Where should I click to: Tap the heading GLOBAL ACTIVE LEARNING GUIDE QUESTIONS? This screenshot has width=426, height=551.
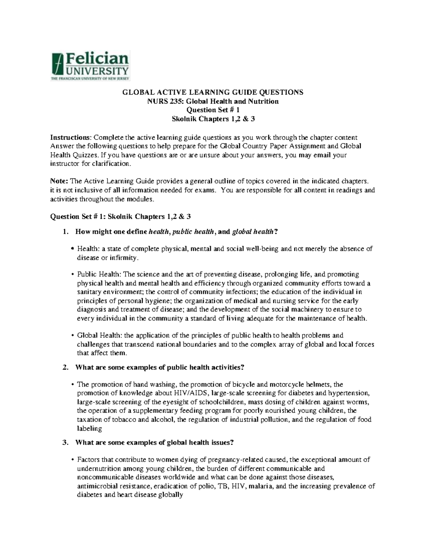[213, 93]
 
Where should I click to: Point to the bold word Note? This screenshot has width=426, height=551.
[59, 181]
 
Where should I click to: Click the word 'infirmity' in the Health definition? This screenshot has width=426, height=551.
[122, 258]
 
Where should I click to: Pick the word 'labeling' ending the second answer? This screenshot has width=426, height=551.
[89, 429]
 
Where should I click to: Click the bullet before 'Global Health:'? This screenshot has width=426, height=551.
[73, 336]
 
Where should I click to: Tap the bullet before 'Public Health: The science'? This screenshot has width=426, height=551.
[73, 275]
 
